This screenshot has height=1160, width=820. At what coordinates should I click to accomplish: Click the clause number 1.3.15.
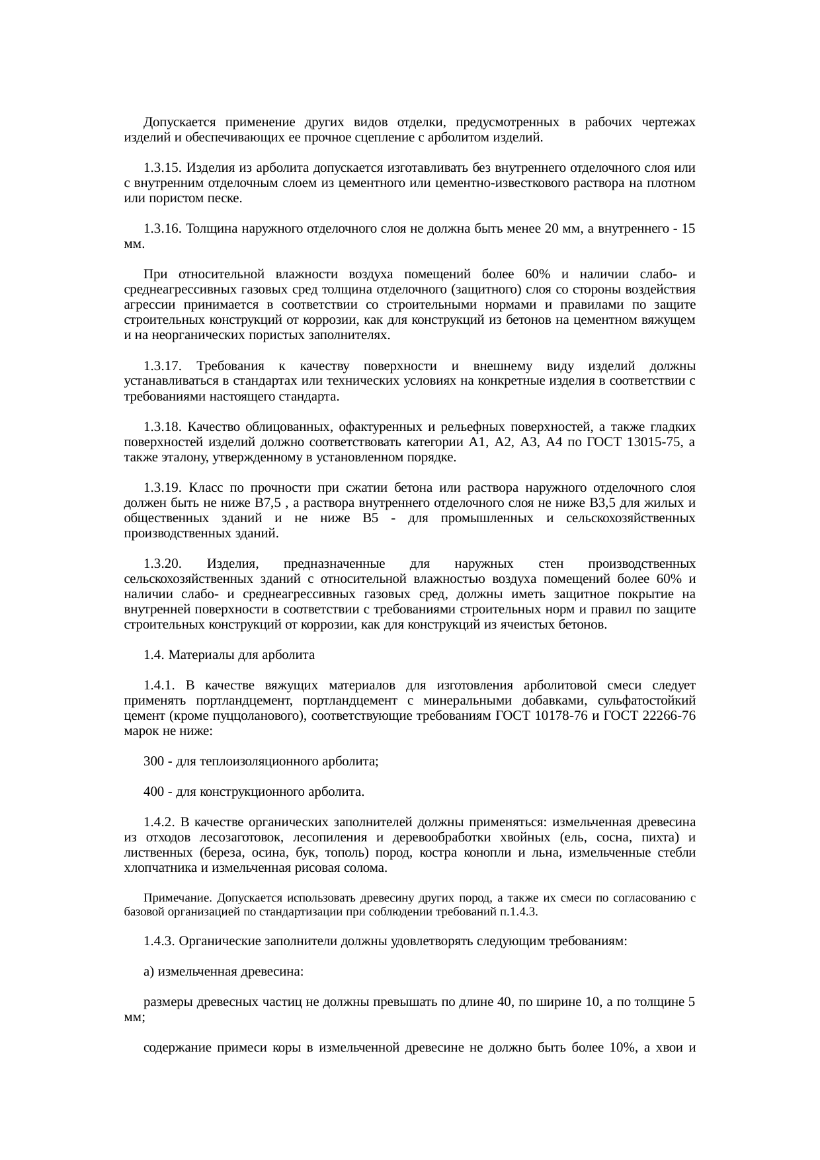click(163, 168)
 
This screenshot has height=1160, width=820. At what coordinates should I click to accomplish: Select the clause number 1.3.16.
click(163, 229)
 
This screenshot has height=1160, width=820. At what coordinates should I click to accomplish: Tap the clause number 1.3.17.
click(163, 366)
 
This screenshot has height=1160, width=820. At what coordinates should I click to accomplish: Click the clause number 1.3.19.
click(163, 488)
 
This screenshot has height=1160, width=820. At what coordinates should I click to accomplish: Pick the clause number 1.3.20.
click(163, 564)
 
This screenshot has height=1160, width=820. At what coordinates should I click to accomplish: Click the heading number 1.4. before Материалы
click(153, 655)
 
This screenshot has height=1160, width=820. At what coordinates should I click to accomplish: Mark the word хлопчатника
click(156, 868)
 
